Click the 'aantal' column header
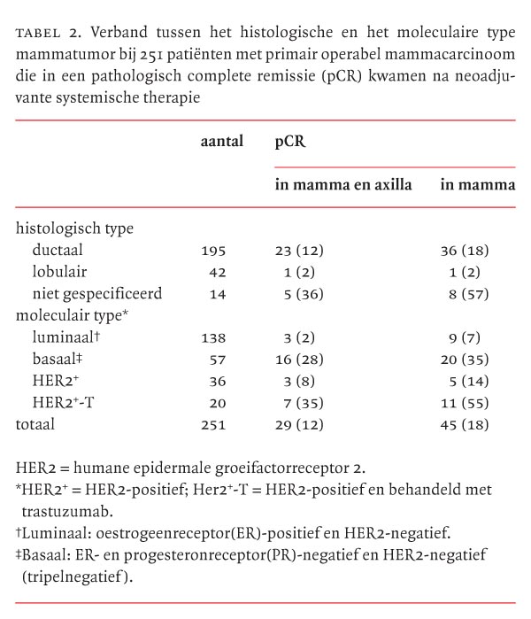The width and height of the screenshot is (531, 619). (x=221, y=143)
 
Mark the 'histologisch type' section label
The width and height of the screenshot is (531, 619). (x=74, y=228)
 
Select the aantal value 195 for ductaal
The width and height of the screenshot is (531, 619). (x=213, y=250)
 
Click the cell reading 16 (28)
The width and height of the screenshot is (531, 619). (x=304, y=359)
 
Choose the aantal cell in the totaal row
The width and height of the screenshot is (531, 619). (x=213, y=424)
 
